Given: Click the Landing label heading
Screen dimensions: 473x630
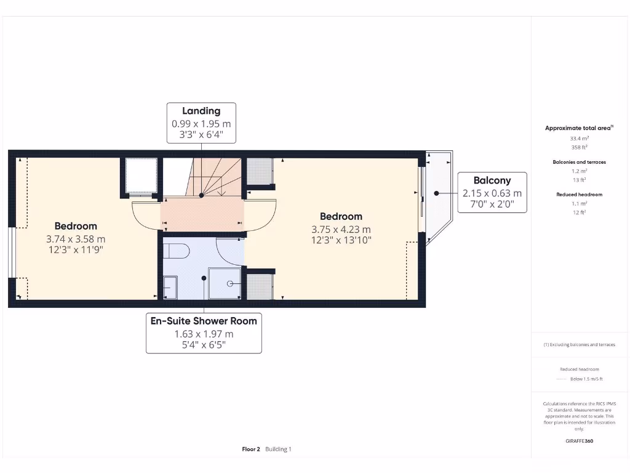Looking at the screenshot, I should click(201, 111).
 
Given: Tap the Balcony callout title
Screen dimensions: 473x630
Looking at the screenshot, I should click(492, 180).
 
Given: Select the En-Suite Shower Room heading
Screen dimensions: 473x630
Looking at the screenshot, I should click(204, 321).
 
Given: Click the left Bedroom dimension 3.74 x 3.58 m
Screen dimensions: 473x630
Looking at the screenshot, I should click(76, 239).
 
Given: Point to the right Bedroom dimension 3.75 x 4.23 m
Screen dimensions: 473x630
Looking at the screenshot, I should click(341, 229).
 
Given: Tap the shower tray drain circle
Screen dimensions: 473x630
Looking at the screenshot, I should click(230, 283).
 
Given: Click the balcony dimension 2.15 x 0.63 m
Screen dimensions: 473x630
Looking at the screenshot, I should click(492, 193).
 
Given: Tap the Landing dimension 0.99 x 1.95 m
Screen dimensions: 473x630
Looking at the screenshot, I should click(201, 123).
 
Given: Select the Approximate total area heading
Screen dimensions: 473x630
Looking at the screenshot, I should click(578, 128).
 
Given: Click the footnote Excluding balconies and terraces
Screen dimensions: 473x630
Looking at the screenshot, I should click(579, 345).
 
